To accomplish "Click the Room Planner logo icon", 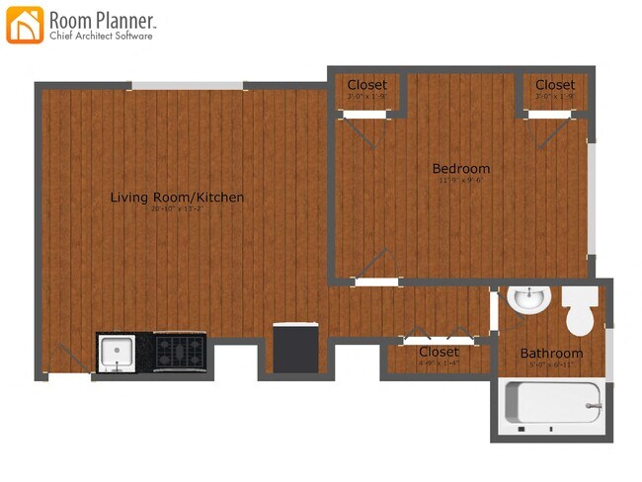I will (x=25, y=25).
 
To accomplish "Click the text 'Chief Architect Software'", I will (x=102, y=37).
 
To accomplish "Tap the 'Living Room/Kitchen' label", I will (x=177, y=198).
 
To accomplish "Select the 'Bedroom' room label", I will (x=460, y=168).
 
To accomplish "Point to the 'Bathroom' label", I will (x=551, y=353).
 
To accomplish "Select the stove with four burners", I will (x=180, y=353).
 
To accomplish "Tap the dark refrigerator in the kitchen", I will (x=295, y=349).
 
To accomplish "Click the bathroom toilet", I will (x=579, y=313).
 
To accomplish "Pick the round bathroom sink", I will (x=527, y=297).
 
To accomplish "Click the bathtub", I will (x=552, y=404).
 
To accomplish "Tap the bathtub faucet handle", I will (x=593, y=405).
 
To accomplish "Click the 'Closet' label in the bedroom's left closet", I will (x=366, y=85).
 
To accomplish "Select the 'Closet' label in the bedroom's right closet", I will (x=555, y=85).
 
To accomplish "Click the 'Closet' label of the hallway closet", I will (x=439, y=352).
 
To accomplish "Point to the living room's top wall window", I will (x=188, y=86).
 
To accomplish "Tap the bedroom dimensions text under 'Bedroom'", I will (x=460, y=180).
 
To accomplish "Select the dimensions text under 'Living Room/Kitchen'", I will (x=177, y=209).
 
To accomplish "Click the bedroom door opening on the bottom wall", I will (x=376, y=281).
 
